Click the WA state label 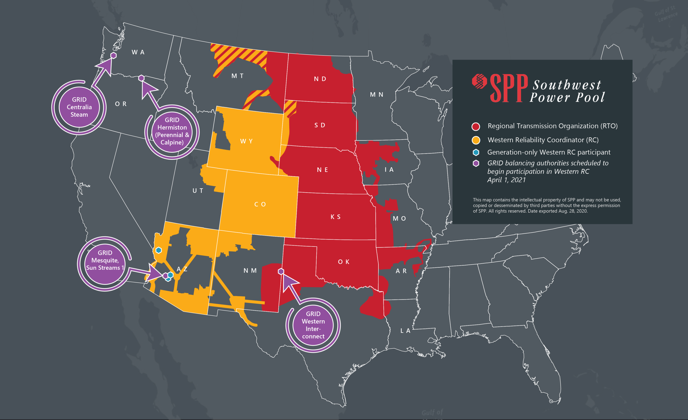pos(138,52)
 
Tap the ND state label pos(320,79)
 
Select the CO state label pos(260,204)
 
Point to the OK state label pos(343,262)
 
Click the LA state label pos(405,331)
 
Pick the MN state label pos(377,95)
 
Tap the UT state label pos(198,191)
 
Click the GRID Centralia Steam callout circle pos(79,107)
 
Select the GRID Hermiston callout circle pos(172,131)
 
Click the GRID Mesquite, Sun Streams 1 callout pos(105,260)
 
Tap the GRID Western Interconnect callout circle pos(313,325)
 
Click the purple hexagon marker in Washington pos(113,56)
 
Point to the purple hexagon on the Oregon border pos(141,78)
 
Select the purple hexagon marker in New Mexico pos(281,271)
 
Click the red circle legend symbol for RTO pos(476,127)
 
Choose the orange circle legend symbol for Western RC pos(476,140)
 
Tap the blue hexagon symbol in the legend pos(476,152)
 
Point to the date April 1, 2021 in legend pos(506,180)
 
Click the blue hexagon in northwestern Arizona pos(159,250)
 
